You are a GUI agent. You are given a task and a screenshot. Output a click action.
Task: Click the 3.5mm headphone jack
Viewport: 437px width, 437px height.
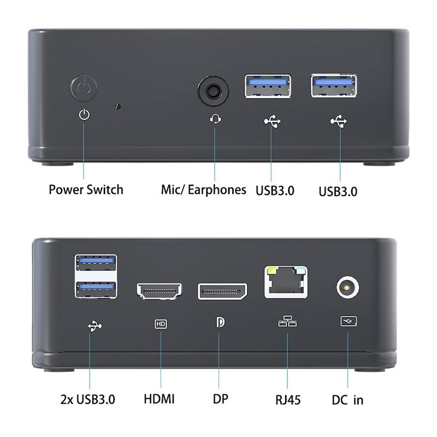213,91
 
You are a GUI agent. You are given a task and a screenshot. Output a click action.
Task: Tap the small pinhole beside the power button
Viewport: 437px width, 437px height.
118,106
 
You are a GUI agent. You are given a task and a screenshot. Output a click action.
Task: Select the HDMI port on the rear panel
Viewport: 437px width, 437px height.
159,291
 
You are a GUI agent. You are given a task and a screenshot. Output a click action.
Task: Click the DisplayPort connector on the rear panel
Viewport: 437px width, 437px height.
222,292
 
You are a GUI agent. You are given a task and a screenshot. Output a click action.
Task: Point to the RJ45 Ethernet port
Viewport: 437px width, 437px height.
286,282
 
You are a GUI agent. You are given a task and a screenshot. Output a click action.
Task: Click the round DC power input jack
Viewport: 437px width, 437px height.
347,287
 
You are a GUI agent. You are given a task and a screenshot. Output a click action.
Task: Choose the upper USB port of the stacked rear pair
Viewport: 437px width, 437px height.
96,263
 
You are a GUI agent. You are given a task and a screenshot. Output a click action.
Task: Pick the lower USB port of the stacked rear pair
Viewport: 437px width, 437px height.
96,290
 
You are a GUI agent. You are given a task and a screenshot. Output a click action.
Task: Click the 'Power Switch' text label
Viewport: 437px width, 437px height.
86,190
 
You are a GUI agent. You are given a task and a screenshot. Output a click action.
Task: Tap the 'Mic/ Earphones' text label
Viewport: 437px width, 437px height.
203,190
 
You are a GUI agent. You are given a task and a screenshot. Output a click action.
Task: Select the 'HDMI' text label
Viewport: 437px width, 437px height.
159,399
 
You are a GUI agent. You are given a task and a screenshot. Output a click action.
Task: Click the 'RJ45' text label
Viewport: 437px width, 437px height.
288,400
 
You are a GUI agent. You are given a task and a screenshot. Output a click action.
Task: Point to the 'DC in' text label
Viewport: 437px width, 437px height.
347,400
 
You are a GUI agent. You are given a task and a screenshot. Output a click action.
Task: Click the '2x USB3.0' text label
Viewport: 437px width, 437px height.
88,399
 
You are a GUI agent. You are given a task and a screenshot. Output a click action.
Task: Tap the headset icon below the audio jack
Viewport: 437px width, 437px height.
215,119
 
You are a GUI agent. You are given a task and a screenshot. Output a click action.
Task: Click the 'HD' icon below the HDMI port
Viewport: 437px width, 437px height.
161,324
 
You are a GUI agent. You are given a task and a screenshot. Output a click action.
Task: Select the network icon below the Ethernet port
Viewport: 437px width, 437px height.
287,321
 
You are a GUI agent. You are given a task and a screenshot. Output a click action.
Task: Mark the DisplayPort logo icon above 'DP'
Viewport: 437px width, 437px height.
220,322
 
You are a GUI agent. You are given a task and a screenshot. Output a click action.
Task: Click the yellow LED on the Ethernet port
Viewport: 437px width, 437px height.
271,270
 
